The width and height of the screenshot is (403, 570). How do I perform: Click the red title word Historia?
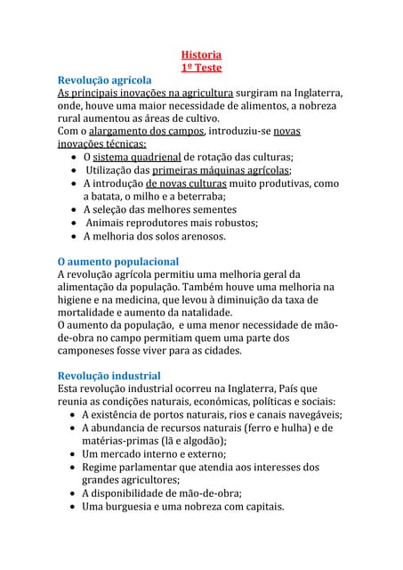pyautogui.click(x=201, y=54)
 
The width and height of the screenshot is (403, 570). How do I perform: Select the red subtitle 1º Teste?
pyautogui.click(x=201, y=68)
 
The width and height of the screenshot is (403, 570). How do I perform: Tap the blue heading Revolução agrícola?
pyautogui.click(x=110, y=80)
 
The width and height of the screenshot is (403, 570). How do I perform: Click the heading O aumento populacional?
pyautogui.click(x=117, y=262)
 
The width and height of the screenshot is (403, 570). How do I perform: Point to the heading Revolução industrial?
pyautogui.click(x=109, y=376)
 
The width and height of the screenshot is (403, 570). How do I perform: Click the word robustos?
pyautogui.click(x=230, y=223)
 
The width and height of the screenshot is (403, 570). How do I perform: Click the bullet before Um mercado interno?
pyautogui.click(x=73, y=454)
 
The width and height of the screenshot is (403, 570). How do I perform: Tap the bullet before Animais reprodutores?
pyautogui.click(x=73, y=224)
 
